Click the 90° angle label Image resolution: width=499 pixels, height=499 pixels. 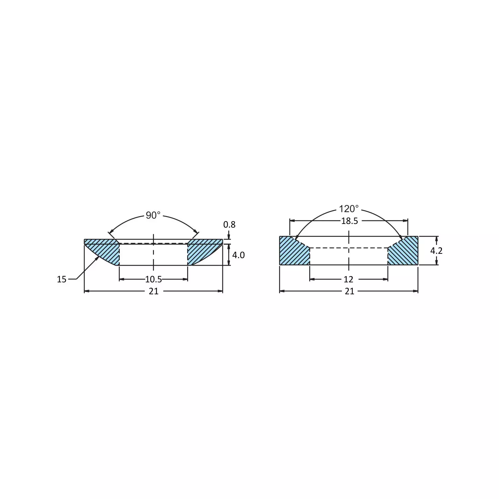click(153, 215)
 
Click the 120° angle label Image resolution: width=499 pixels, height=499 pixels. click(349, 209)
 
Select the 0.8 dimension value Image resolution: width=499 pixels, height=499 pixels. click(229, 225)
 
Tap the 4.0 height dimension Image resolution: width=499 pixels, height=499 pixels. click(238, 255)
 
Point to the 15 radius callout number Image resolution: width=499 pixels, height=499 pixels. click(62, 279)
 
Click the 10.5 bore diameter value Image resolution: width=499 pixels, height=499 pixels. click(153, 279)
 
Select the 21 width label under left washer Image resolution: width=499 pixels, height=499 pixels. click(153, 291)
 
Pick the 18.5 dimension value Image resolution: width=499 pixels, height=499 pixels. click(349, 221)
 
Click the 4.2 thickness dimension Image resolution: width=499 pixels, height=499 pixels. click(436, 250)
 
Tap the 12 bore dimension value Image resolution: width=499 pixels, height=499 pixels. click(348, 279)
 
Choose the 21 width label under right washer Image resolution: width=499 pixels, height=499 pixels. click(349, 291)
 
